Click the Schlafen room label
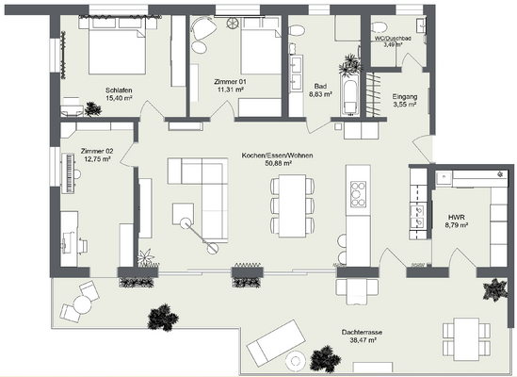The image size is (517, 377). (x=119, y=90)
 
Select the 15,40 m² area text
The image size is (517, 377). (x=119, y=98)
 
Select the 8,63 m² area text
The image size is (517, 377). (x=322, y=94)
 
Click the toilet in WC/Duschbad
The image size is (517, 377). (x=380, y=26)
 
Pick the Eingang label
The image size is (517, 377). (x=406, y=97)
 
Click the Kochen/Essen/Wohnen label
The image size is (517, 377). (x=277, y=155)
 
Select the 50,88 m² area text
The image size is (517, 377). (x=277, y=163)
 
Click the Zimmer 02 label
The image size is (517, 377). (x=96, y=151)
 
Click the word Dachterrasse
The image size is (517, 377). (x=362, y=331)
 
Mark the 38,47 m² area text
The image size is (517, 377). (x=362, y=339)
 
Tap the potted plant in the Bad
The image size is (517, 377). (x=351, y=65)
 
